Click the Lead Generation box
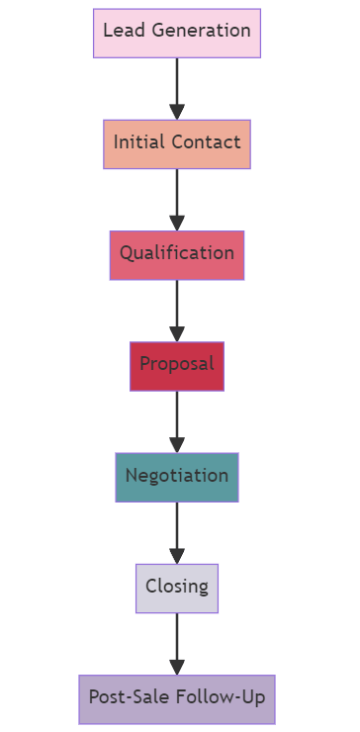pyautogui.click(x=177, y=33)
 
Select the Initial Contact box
pyautogui.click(x=177, y=143)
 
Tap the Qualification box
pyautogui.click(x=177, y=254)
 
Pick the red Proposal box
pyautogui.click(x=177, y=366)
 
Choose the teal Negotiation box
pyautogui.click(x=177, y=477)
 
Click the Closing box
pyautogui.click(x=177, y=588)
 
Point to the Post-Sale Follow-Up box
pyautogui.click(x=177, y=698)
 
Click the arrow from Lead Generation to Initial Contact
pyautogui.click(x=177, y=87)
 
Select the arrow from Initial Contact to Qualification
pyautogui.click(x=177, y=198)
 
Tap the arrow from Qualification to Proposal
pyautogui.click(x=177, y=309)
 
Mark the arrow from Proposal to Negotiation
pyautogui.click(x=177, y=419)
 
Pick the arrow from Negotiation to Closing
pyautogui.click(x=177, y=530)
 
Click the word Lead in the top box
pyautogui.click(x=121, y=31)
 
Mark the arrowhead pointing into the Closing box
pyautogui.click(x=177, y=556)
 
